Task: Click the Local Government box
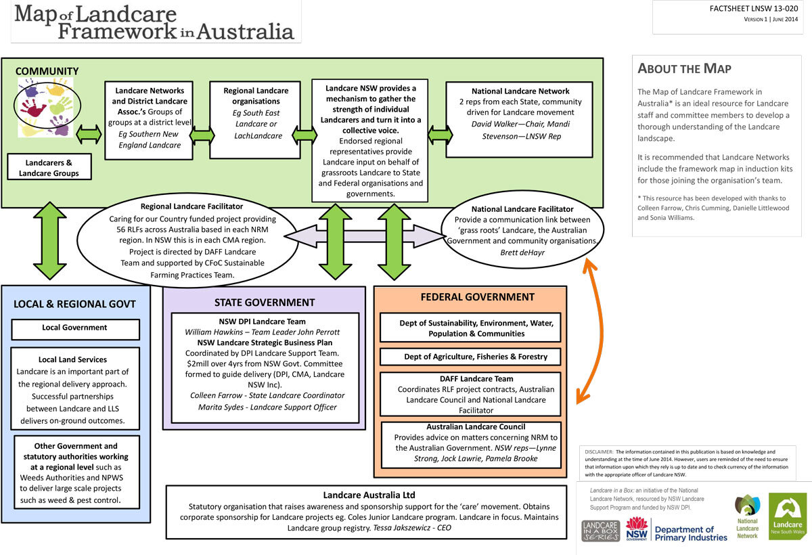click(75, 328)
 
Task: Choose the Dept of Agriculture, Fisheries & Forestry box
click(470, 357)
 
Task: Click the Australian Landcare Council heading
click(476, 427)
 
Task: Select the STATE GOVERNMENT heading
click(265, 303)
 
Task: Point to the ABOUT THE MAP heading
click(684, 69)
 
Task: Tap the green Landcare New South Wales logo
click(787, 516)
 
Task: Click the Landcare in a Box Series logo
click(600, 531)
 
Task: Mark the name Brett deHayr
click(521, 252)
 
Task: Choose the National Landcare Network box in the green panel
click(520, 119)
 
